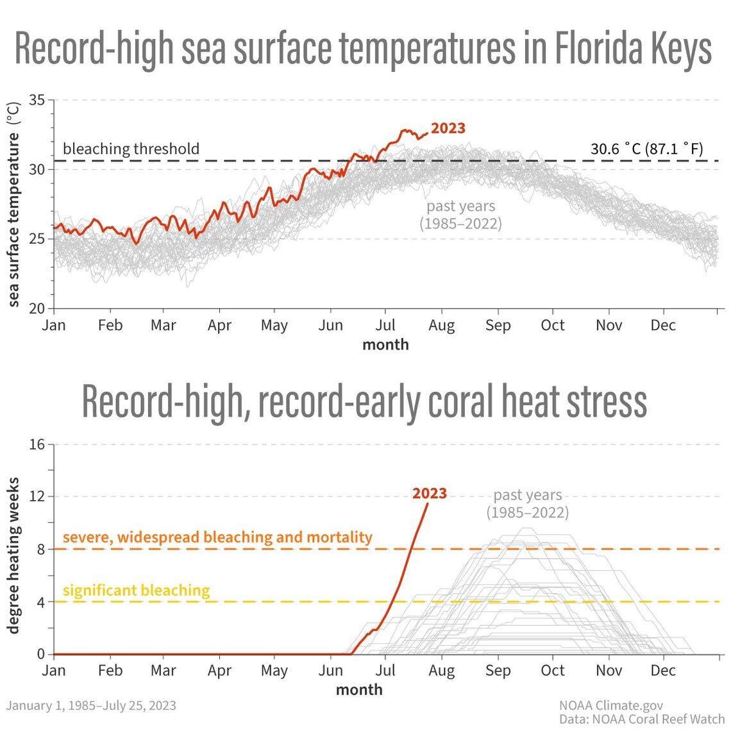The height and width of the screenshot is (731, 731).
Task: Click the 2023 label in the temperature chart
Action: tap(448, 128)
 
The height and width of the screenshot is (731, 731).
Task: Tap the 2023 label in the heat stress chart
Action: tap(429, 493)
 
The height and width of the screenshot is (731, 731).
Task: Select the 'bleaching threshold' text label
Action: tap(131, 149)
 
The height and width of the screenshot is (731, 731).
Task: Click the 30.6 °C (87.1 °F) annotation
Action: tap(646, 149)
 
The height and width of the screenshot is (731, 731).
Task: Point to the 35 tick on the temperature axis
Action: tap(37, 100)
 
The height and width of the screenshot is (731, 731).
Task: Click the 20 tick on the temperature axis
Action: tap(37, 308)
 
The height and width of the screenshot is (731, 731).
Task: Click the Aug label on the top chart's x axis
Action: tap(441, 326)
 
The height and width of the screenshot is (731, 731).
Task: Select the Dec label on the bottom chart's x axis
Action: tap(662, 671)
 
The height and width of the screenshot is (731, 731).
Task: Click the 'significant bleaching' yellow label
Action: tap(136, 590)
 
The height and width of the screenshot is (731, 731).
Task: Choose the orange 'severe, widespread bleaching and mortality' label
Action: tap(217, 537)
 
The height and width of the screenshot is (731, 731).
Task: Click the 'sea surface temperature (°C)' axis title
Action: tap(13, 204)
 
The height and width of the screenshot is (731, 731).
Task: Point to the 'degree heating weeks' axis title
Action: tap(13, 555)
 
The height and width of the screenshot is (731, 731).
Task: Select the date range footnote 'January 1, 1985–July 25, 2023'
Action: tap(91, 705)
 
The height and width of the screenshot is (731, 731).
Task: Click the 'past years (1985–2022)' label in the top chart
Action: tap(460, 215)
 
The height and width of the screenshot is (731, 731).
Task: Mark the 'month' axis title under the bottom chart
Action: tap(359, 689)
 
